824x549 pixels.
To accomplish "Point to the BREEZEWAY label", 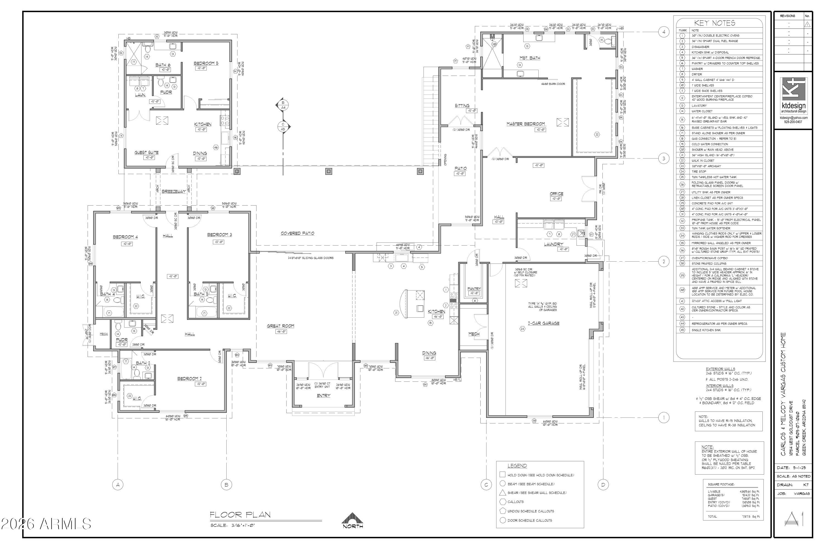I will [173, 192].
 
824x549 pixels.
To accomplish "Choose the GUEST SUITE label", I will [146, 153].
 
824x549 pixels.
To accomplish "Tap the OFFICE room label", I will [556, 194].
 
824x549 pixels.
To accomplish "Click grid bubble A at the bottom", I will [118, 485].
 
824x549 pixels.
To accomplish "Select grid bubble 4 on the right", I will [664, 32].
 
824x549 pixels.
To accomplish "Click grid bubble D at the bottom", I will [603, 485].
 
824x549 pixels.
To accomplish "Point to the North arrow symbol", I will [352, 521].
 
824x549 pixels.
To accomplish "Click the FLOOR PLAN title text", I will [240, 515].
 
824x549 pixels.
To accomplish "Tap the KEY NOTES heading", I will [719, 23].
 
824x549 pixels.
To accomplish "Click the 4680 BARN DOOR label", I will [553, 84].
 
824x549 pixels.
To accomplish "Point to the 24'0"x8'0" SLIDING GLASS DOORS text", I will [310, 258].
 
